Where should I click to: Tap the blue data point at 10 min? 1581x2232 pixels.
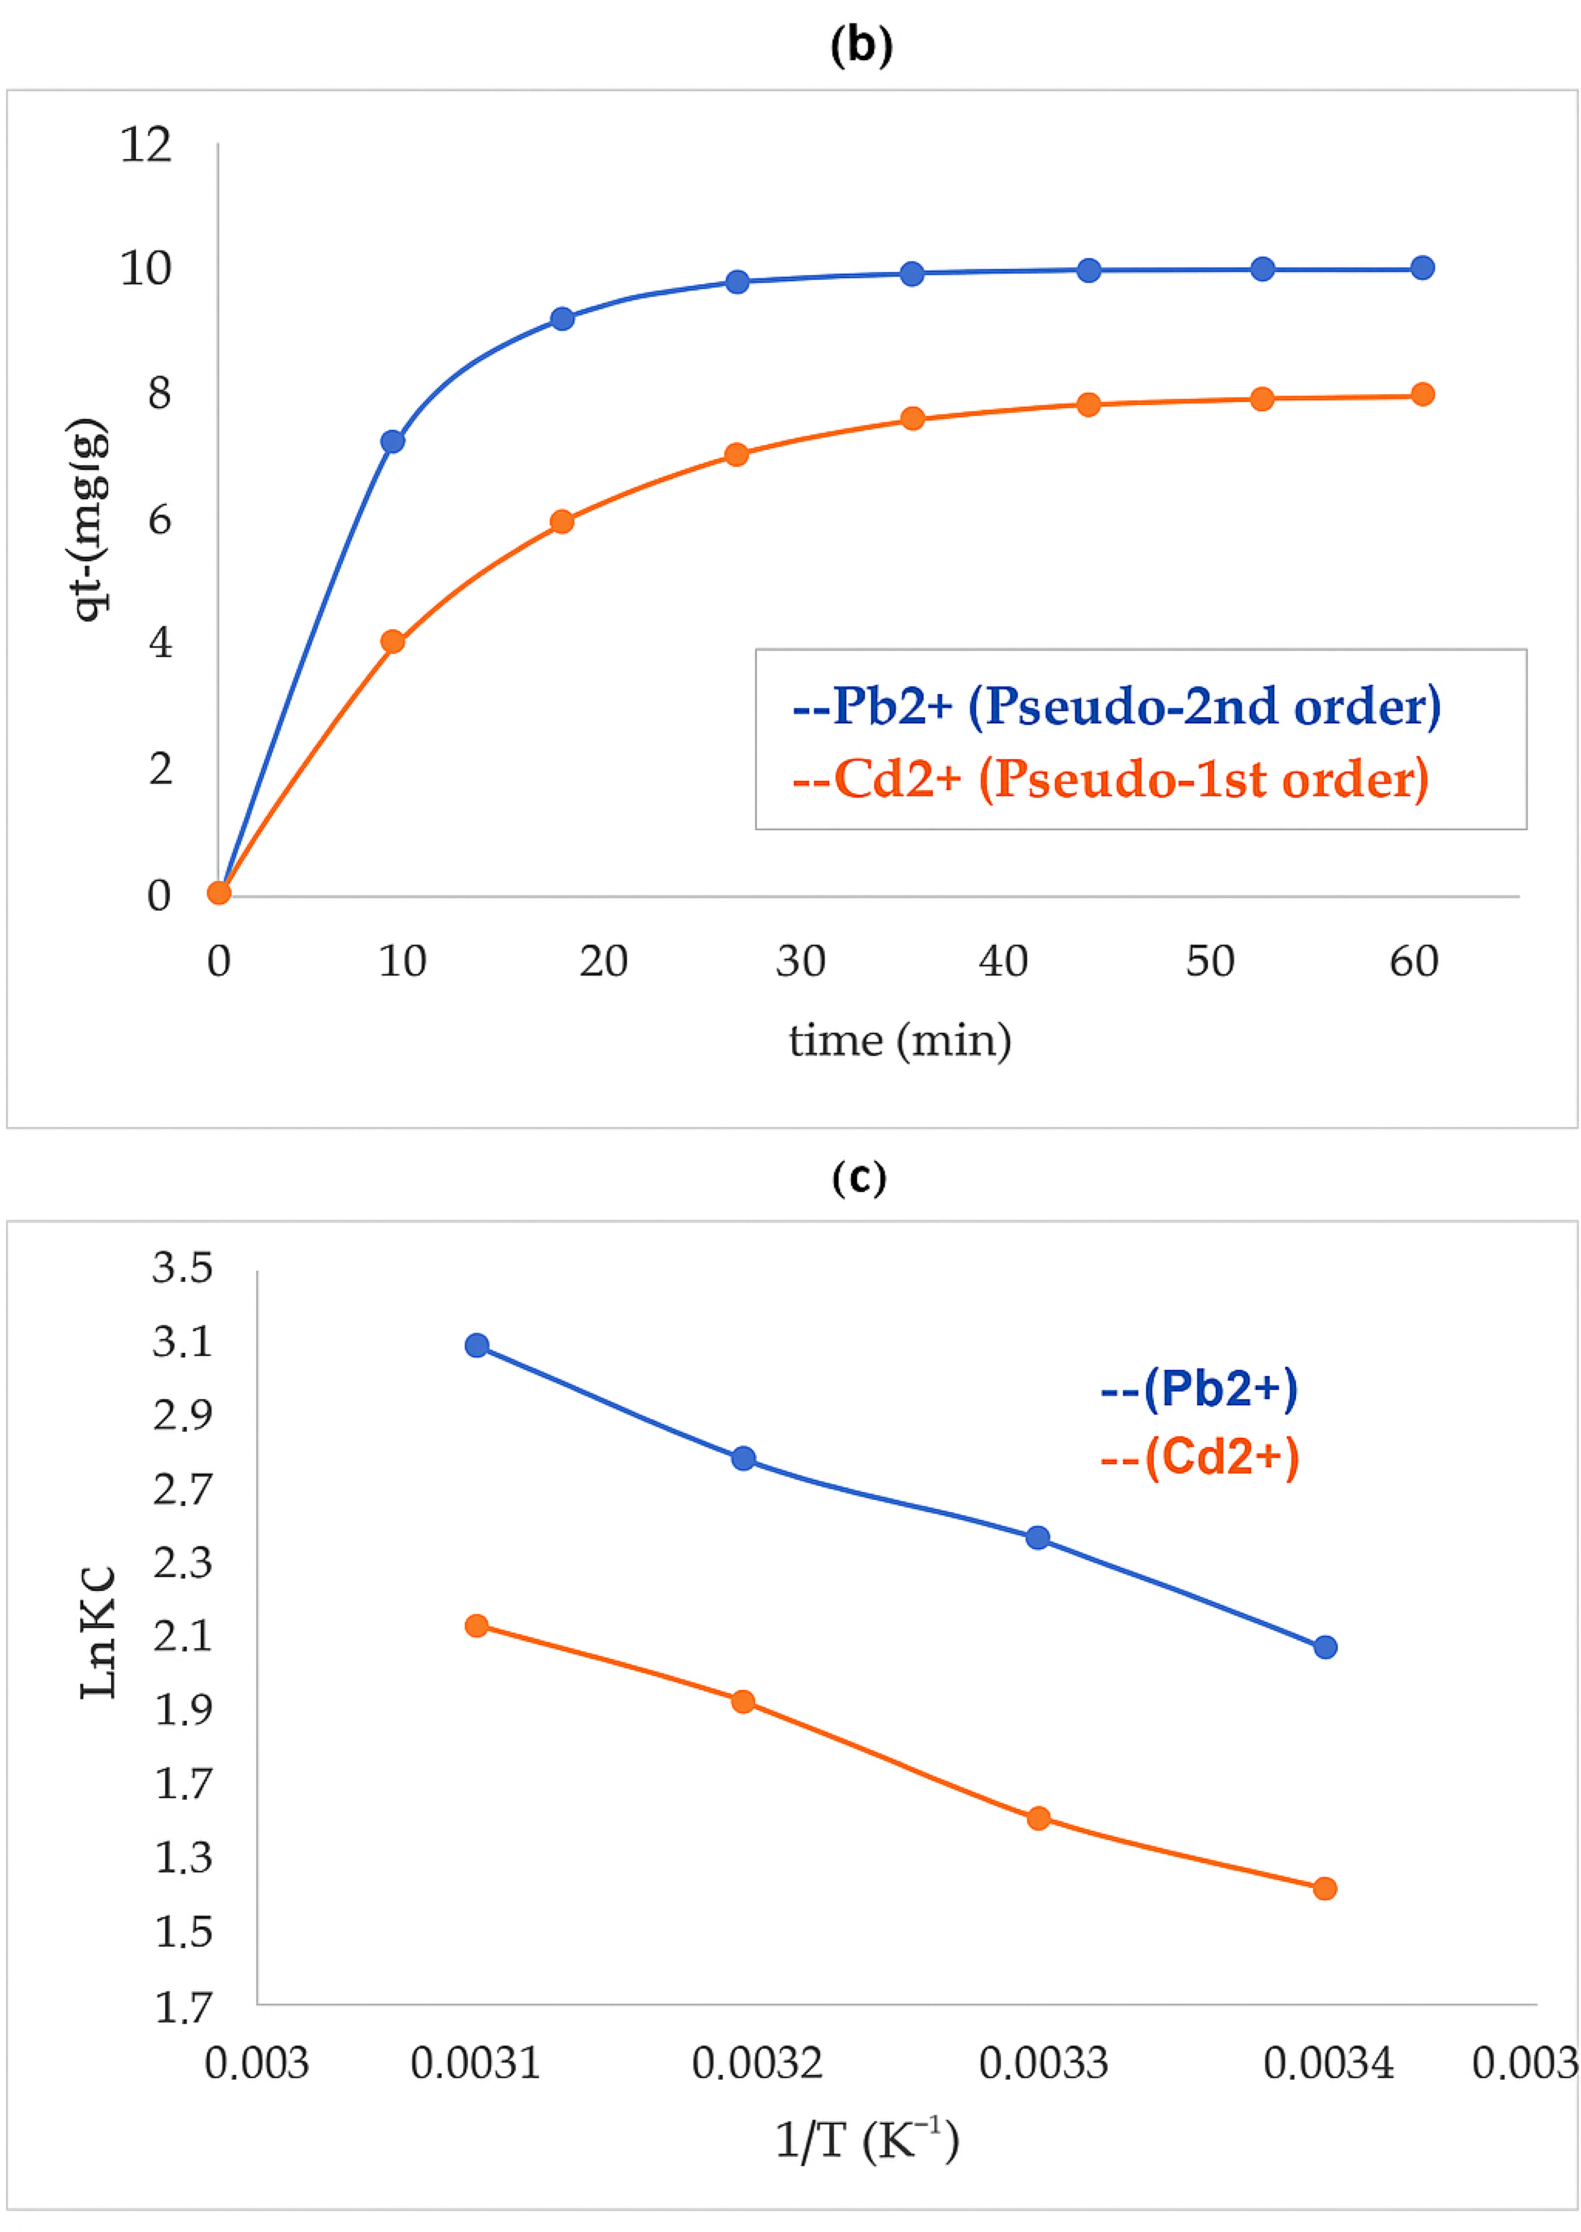[x=392, y=441]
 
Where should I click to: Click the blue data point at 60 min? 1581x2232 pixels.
[x=1421, y=268]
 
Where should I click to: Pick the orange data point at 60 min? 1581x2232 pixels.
[x=1421, y=394]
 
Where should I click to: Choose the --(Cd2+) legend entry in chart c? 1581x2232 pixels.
[x=1199, y=1458]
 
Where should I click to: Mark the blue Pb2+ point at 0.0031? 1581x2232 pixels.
[x=476, y=1345]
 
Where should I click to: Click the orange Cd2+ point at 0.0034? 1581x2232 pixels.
[x=1324, y=1888]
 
